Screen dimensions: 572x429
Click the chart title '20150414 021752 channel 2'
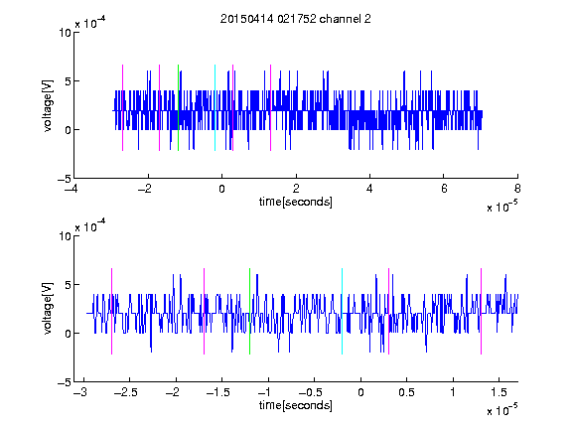coord(296,19)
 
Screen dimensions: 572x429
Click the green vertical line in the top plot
coord(178,107)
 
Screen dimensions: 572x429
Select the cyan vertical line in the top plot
coord(214,107)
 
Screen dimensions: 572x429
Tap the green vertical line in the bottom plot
coord(249,311)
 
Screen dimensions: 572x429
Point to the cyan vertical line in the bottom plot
coord(343,311)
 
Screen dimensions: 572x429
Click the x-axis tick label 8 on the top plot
coord(517,189)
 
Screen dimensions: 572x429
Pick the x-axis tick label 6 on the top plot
coord(444,189)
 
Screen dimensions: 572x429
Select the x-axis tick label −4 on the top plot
coord(71,189)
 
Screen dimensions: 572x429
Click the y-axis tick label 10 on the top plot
coord(65,33)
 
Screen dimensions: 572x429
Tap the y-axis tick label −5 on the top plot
coord(65,179)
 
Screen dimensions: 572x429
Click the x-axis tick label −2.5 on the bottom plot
coord(125,392)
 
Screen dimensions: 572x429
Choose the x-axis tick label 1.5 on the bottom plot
coord(499,392)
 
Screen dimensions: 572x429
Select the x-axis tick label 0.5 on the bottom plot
coord(406,392)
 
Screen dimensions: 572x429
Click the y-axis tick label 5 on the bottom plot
coord(68,285)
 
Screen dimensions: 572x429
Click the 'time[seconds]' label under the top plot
coord(296,202)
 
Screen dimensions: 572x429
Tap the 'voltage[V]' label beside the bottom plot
coord(48,308)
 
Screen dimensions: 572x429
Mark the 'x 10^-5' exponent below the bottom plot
coord(501,410)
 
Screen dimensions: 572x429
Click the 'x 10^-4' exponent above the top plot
coord(90,23)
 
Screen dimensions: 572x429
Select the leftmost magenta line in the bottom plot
coord(111,311)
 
